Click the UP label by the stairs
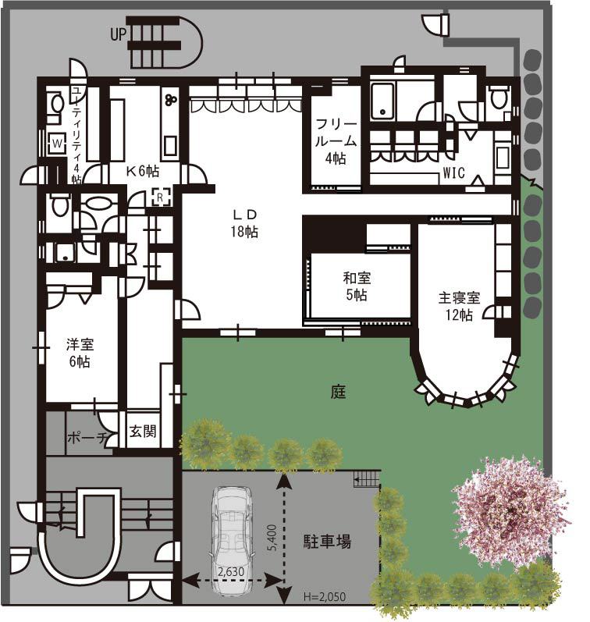118,34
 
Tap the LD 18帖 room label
244,224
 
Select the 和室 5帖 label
357,286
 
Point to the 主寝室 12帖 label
459,306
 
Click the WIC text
453,173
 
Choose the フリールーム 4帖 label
336,141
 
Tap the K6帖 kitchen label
143,171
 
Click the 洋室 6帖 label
80,353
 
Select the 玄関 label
143,432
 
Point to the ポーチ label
87,438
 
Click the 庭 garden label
338,392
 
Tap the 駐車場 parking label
327,542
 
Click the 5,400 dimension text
272,538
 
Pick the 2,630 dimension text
231,571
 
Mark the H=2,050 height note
325,596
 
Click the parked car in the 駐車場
231,541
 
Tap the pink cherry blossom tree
510,512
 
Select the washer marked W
58,143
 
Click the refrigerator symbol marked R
160,197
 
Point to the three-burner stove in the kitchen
172,99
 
